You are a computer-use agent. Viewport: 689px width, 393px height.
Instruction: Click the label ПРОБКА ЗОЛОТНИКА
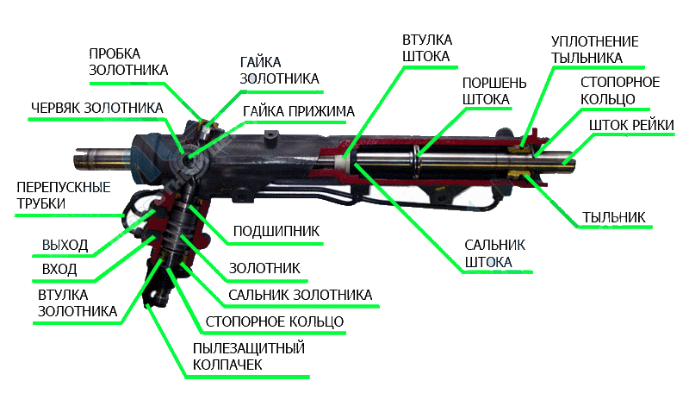tap(127, 61)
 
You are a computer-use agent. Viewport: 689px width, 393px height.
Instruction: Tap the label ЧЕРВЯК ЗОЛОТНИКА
tap(96, 109)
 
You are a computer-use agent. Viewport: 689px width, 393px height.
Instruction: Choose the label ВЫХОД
tap(65, 245)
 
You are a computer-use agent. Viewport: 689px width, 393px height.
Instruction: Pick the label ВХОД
tap(59, 269)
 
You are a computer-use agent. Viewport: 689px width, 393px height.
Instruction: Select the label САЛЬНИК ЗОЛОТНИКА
tap(301, 295)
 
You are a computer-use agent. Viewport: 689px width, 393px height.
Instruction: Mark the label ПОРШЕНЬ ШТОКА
tap(493, 90)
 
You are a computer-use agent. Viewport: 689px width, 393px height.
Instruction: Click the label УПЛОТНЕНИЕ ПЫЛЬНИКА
tap(593, 50)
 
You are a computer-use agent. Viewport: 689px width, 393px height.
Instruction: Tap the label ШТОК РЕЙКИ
tap(631, 126)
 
